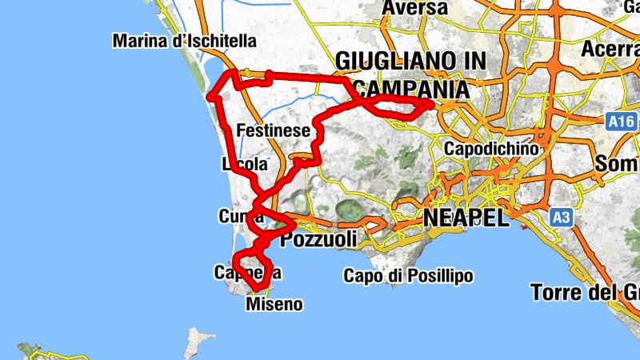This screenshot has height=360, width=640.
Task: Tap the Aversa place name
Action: click(414, 8)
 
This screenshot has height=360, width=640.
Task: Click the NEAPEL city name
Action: click(466, 218)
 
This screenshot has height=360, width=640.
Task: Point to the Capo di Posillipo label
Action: click(408, 276)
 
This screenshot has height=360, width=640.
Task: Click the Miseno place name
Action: click(274, 304)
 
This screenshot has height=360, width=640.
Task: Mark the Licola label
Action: click(244, 165)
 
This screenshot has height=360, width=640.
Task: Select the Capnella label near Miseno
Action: click(247, 272)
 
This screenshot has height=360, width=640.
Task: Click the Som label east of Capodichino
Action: click(616, 163)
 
